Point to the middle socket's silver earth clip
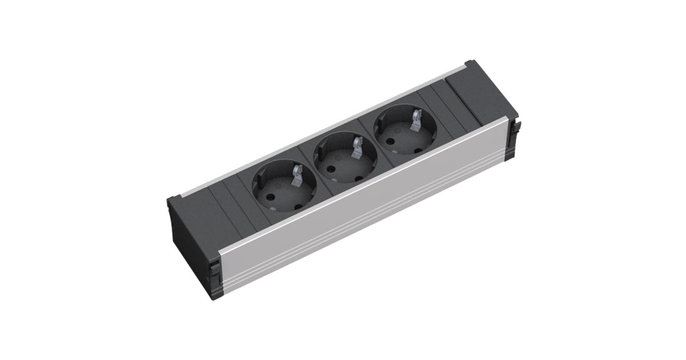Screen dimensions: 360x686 point(358,146)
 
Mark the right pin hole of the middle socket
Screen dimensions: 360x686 point(360,178)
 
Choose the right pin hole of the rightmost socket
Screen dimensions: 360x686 point(418,152)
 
